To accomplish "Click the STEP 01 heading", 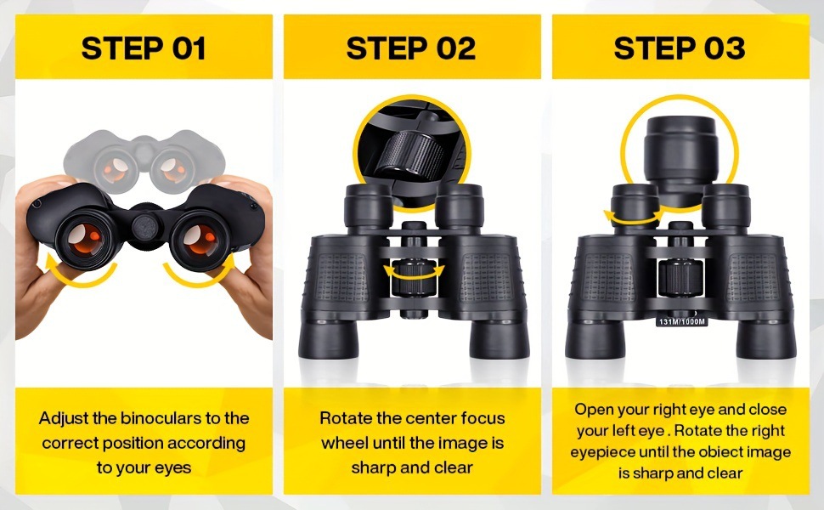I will click(144, 48).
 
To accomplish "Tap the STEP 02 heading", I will click(411, 48).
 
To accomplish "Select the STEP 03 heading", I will click(680, 48).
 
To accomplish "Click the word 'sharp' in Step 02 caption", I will click(374, 467).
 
